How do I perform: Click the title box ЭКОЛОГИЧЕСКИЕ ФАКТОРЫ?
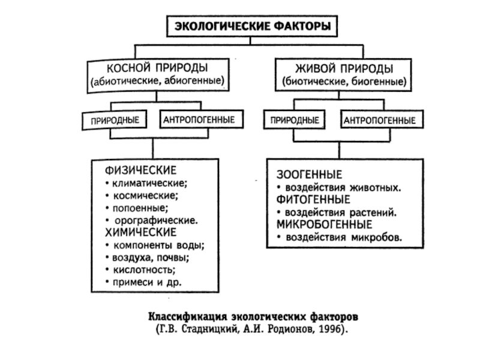[251, 26]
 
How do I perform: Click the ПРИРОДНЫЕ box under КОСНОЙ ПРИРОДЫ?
[115, 121]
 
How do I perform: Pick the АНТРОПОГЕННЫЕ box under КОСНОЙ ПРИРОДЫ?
[199, 121]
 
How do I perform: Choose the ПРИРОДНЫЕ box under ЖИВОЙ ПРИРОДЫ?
[295, 121]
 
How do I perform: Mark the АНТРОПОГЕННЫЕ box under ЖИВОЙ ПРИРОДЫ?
[379, 121]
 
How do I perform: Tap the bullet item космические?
[144, 195]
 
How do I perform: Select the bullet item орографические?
[156, 220]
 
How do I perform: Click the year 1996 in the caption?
[330, 330]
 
